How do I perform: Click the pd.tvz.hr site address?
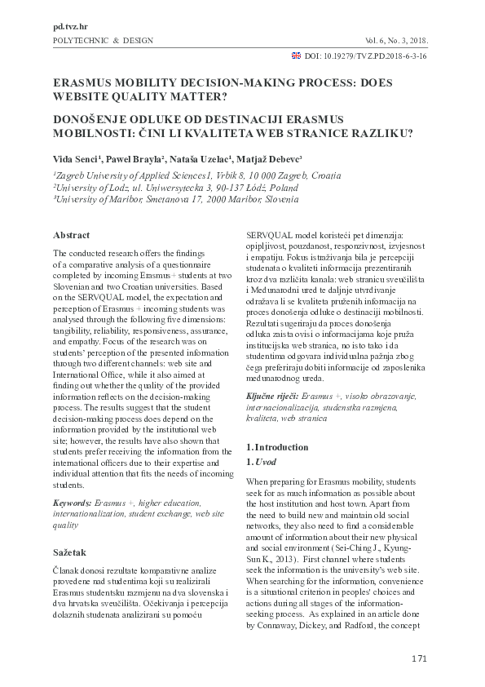tap(69, 27)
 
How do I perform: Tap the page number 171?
tap(419, 658)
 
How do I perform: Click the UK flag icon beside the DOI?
tap(295, 57)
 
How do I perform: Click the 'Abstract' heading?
tap(71, 235)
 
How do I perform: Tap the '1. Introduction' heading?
tap(277, 447)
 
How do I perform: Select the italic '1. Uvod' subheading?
tap(262, 462)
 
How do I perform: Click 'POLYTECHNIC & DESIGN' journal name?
tap(102, 41)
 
